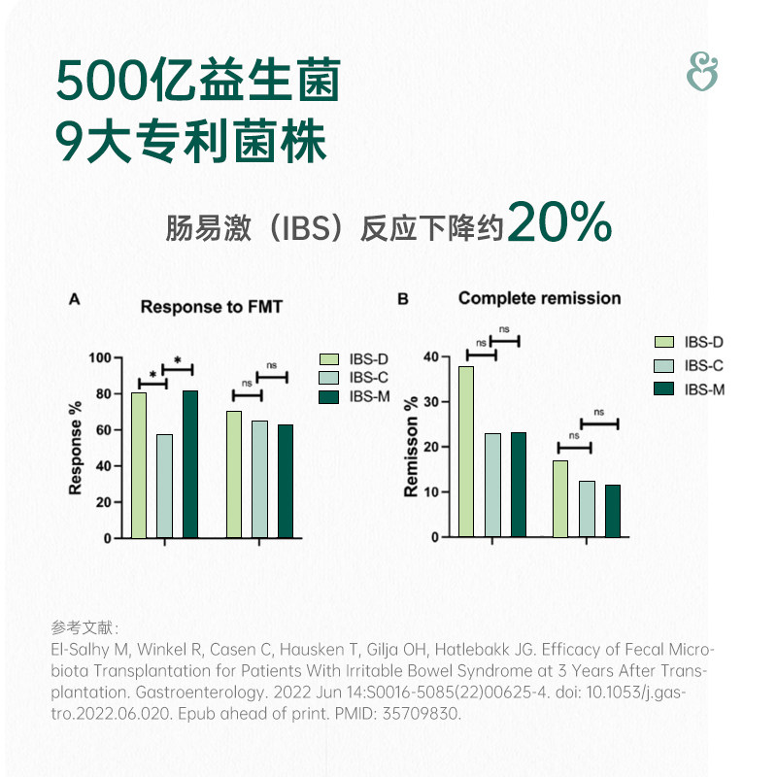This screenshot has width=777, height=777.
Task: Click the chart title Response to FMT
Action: pos(211,307)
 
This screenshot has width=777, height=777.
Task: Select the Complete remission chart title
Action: pos(539,298)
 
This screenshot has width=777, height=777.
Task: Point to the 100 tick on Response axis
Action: pos(99,357)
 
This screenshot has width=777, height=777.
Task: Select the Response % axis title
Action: pos(76,447)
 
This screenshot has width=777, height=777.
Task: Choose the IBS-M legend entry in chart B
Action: pos(703,389)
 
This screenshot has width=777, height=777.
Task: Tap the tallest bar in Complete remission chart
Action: pos(466,451)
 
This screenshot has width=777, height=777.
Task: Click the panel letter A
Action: pos(74,300)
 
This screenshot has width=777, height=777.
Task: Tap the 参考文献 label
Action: pos(84,626)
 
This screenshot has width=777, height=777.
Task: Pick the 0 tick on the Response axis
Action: pos(108,538)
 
